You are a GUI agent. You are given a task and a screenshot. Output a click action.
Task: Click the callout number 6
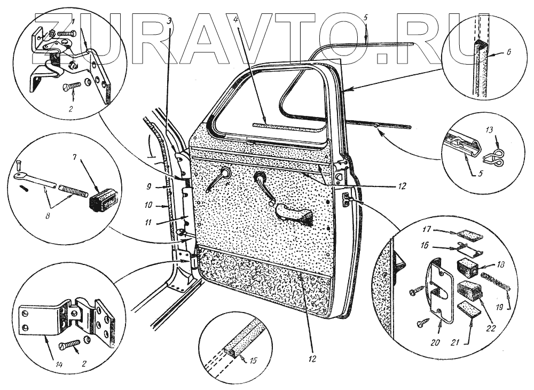point(508,53)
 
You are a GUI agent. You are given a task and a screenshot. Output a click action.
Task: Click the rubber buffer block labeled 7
point(101,197)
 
